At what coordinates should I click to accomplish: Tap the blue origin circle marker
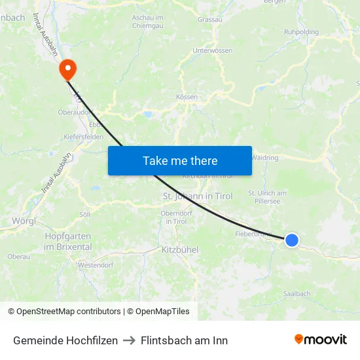(292, 240)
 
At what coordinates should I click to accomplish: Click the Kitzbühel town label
(179, 250)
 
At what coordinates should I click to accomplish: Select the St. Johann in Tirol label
(197, 196)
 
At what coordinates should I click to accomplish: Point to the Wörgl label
(24, 221)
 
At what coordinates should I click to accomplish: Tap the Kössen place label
(187, 97)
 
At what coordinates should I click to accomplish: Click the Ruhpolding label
(301, 31)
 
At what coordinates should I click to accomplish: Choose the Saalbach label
(297, 294)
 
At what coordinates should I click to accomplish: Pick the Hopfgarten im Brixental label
(68, 241)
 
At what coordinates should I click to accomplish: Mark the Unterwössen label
(212, 50)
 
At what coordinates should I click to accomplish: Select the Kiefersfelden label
(84, 137)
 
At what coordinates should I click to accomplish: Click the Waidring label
(264, 158)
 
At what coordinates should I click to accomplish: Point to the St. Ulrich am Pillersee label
(267, 197)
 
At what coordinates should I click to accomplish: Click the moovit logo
(320, 339)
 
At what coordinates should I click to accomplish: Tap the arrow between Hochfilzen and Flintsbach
(129, 340)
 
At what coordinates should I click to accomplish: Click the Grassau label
(209, 20)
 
